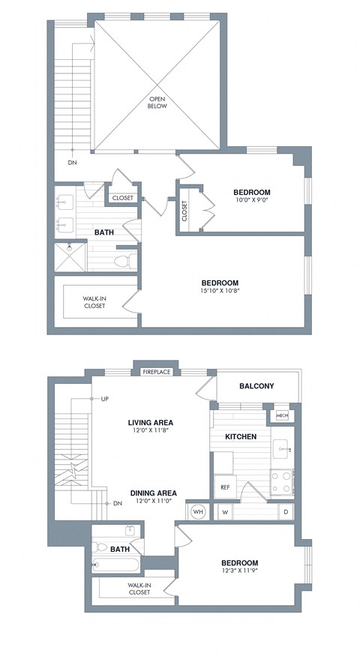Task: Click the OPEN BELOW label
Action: click(x=157, y=102)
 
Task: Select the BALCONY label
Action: click(x=256, y=386)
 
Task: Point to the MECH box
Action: click(x=282, y=415)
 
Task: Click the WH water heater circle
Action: click(x=199, y=511)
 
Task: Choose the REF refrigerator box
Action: click(x=224, y=487)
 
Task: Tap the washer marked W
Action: click(x=226, y=512)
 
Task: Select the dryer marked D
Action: click(x=285, y=512)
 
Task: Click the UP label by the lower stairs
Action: click(x=106, y=398)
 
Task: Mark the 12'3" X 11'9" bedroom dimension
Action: click(x=239, y=572)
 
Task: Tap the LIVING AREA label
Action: click(x=151, y=422)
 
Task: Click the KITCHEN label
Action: click(x=241, y=436)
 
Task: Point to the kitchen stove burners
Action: click(x=283, y=480)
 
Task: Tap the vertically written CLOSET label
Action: click(x=184, y=211)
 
